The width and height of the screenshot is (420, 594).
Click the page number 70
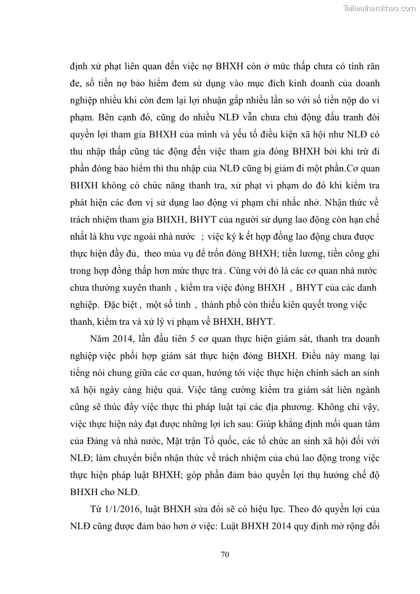(224, 554)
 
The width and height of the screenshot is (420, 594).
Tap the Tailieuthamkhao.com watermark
(379, 8)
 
